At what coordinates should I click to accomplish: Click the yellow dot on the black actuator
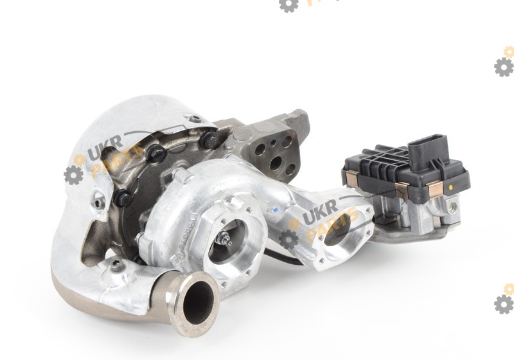tap(451, 188)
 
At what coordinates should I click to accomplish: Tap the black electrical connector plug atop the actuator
tap(428, 151)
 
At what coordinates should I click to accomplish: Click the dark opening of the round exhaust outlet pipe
tap(198, 303)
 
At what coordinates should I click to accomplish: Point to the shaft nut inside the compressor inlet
tap(225, 239)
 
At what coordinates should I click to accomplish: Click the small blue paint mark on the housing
tap(275, 210)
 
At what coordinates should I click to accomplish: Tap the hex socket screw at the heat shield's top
tap(195, 119)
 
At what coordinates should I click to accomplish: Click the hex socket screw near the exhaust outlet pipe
tap(118, 265)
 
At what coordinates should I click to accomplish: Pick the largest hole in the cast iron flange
tap(276, 163)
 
